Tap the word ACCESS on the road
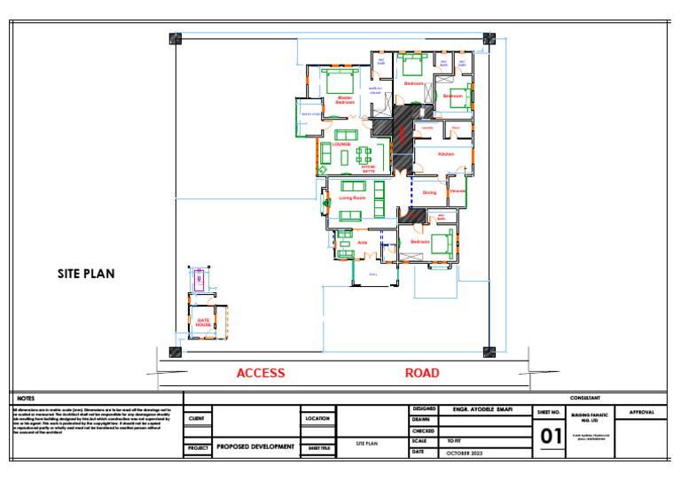point(261,373)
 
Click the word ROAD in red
point(422,373)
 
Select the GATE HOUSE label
point(204,322)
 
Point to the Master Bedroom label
point(345,100)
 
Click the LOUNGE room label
point(341,144)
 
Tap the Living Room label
point(352,198)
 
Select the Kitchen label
point(446,154)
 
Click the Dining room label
point(429,192)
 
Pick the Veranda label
point(457,191)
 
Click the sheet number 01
point(552,437)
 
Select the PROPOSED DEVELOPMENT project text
point(255,447)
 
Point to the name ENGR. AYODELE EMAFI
point(482,410)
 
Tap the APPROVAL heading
point(641,413)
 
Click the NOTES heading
point(26,399)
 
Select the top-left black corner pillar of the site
point(176,39)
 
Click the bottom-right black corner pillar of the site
point(487,352)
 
